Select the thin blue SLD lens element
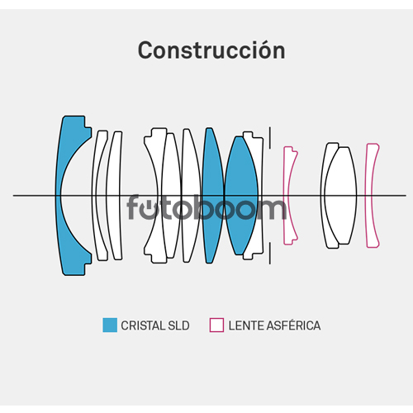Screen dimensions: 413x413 tap(213, 196)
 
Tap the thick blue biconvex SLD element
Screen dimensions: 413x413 tap(241, 196)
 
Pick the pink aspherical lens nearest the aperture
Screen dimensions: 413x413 tap(287, 196)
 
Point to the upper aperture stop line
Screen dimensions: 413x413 tap(270, 138)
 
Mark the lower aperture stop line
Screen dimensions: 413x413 tap(270, 254)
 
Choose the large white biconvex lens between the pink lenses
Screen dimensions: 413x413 tap(340, 196)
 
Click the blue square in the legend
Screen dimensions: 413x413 tap(110, 325)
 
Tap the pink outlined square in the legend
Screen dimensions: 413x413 tap(216, 325)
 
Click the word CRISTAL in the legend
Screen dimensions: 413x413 tap(139, 325)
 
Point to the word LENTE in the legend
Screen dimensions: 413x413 tap(246, 325)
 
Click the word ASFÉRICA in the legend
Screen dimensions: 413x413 tap(294, 325)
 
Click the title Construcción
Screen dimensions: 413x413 tap(211, 50)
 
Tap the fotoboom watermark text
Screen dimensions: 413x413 tap(206, 207)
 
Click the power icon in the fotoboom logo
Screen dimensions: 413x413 tap(150, 209)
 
